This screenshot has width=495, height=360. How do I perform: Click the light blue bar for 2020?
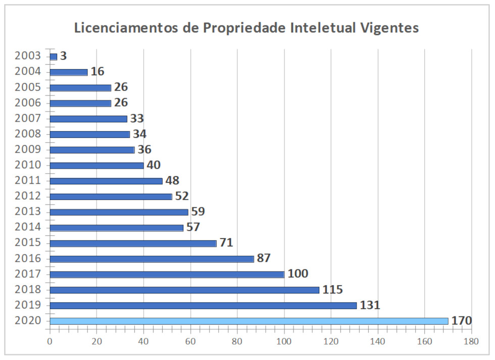pos(249,321)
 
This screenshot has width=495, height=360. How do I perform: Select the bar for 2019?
pos(203,305)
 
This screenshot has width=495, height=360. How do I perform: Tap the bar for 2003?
pos(54,57)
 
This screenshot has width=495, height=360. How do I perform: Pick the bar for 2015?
pos(133,243)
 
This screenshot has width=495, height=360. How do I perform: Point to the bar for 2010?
pos(97,165)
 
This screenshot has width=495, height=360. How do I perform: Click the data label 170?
pos(462,321)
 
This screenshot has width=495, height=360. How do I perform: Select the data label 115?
pos(332,290)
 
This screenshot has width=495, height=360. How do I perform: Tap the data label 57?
pos(193,227)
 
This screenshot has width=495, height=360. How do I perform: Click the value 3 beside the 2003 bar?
pos(63,56)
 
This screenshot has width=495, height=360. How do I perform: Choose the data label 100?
pos(298,274)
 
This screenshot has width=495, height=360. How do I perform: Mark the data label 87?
pos(264,259)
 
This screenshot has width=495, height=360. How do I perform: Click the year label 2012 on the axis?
pos(28,196)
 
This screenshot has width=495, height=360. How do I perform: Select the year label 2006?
pos(28,103)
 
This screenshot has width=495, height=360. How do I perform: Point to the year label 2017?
pos(28,274)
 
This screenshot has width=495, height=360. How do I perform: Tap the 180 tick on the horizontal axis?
pos(471,341)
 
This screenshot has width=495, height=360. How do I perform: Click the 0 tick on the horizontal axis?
pos(50,341)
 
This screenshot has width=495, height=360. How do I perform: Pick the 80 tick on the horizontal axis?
pos(237,341)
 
